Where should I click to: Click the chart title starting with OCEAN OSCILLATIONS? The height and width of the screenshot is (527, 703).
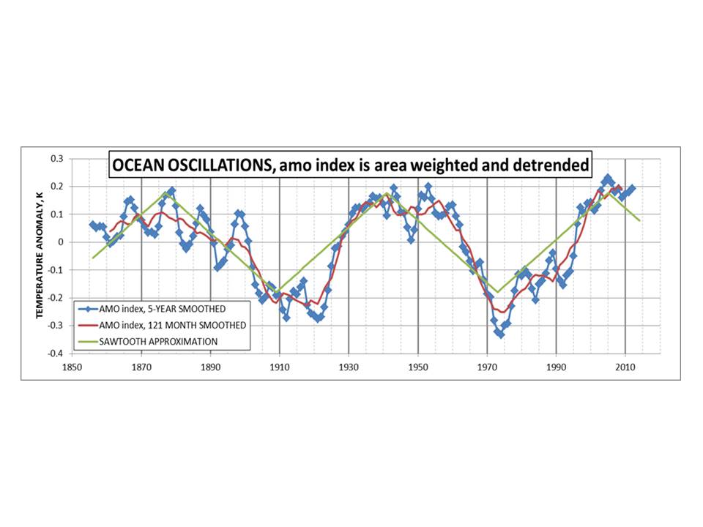tap(350, 166)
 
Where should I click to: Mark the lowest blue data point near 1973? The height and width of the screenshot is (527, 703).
tap(501, 334)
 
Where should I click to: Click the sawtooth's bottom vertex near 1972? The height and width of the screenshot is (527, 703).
tap(497, 292)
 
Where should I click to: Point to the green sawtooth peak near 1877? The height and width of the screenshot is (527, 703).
tap(166, 193)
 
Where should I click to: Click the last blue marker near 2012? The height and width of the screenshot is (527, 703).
tap(632, 188)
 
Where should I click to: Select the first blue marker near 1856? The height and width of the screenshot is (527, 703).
tap(92, 225)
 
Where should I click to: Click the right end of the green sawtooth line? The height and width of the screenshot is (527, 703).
tap(639, 220)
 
